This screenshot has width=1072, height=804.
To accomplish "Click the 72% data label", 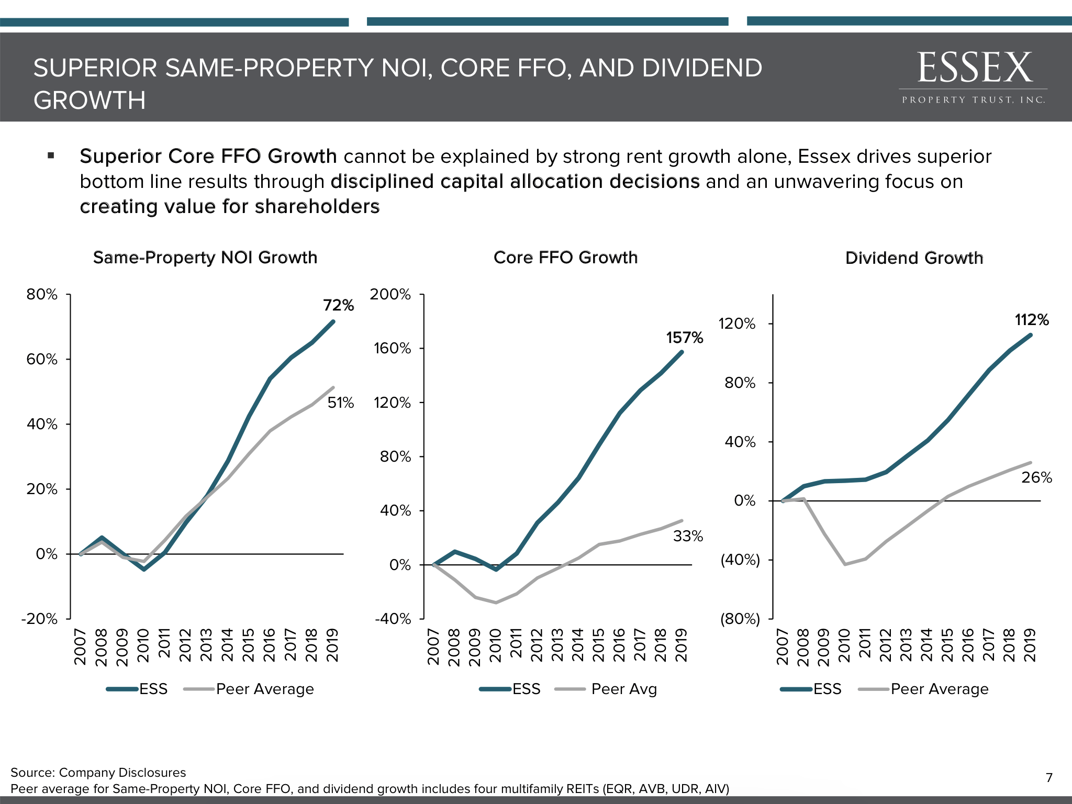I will click(x=338, y=305).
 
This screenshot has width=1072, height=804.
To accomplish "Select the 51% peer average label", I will click(x=341, y=403).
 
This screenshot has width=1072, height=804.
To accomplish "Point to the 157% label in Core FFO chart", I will click(x=684, y=338).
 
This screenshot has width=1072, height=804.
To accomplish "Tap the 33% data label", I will click(x=688, y=536).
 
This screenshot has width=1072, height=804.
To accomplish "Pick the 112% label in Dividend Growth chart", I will click(x=1032, y=320).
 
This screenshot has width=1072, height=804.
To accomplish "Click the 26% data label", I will click(x=1036, y=477).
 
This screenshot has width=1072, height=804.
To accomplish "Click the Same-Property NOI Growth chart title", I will click(x=205, y=258).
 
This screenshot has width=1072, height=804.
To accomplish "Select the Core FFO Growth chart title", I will click(x=565, y=258).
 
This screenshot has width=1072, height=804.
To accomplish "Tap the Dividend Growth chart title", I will click(x=914, y=258).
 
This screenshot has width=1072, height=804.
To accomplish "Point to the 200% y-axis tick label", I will click(x=390, y=294).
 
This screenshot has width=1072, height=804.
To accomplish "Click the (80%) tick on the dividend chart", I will click(x=740, y=619).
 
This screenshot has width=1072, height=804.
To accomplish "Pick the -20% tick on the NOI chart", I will click(x=39, y=619).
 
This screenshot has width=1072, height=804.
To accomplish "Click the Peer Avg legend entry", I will click(x=623, y=689).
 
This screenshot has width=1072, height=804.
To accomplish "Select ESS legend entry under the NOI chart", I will click(x=153, y=689).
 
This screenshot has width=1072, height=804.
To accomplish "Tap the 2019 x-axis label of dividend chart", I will click(x=1030, y=646).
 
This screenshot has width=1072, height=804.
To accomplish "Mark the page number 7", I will click(x=1049, y=777).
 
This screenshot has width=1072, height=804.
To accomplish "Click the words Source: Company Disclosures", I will click(x=98, y=773).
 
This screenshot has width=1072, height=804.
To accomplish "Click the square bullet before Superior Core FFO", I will click(x=51, y=155).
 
